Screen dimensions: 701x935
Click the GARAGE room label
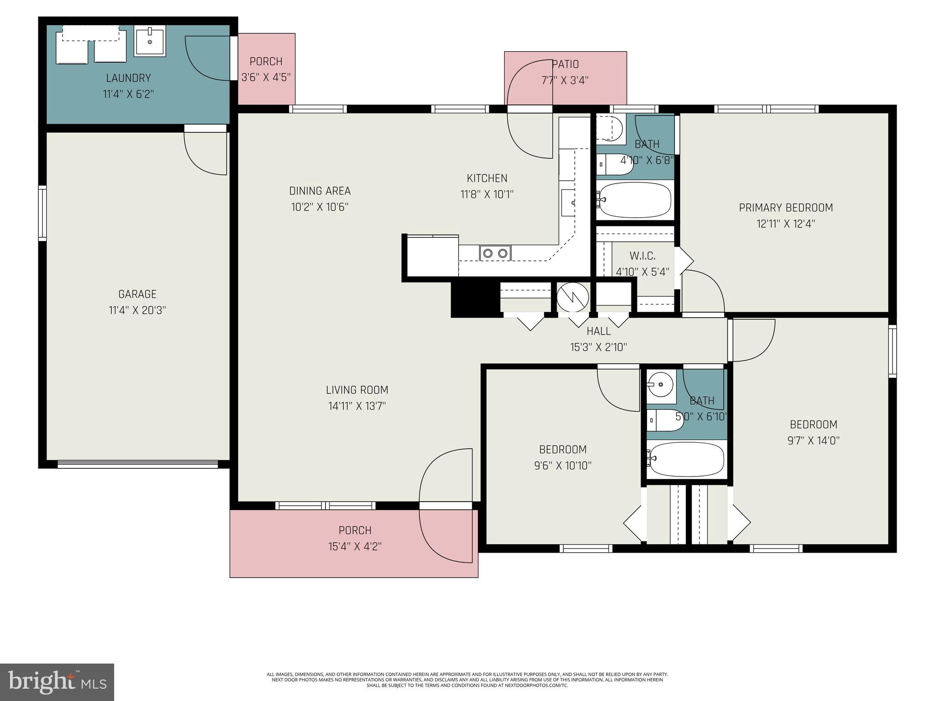tap(137, 294)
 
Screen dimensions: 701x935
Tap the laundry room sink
tap(150, 41)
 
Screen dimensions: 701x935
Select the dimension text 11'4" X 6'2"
tap(128, 94)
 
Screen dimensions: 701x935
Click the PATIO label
tap(565, 64)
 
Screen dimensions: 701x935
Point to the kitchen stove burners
tap(495, 253)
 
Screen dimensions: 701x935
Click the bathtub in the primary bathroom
tap(635, 200)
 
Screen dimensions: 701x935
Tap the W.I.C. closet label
tap(642, 256)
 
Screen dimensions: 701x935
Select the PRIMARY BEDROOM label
tap(785, 208)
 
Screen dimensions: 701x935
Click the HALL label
tap(599, 331)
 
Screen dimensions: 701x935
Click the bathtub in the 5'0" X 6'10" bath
tap(687, 459)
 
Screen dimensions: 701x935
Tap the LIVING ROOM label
tap(357, 390)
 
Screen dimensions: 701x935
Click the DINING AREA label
tap(320, 191)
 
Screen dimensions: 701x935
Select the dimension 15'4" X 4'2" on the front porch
tap(355, 546)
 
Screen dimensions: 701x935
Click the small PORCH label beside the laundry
tap(266, 61)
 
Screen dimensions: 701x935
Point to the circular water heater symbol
tap(573, 298)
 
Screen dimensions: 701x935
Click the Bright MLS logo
tap(57, 682)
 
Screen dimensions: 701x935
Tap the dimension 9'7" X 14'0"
tap(814, 441)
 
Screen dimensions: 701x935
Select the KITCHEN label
tap(487, 178)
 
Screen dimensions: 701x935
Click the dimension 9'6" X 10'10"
tap(562, 466)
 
